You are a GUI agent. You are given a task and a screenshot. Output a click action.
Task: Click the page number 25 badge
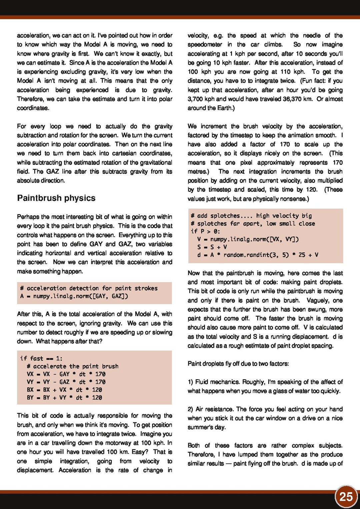point(346,497)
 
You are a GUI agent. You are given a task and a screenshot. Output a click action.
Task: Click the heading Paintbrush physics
point(56,198)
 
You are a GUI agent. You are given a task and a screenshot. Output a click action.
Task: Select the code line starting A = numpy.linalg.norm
point(74,296)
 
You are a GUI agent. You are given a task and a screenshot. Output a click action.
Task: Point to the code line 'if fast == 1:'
point(41,358)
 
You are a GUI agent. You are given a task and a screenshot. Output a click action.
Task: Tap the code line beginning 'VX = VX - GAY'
point(66,374)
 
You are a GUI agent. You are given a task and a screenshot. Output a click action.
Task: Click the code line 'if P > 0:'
point(205,231)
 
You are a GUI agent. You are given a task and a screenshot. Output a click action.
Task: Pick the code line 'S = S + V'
point(212,247)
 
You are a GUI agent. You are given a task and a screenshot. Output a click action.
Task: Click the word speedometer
point(205,44)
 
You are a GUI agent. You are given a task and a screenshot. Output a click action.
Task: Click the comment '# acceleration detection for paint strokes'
point(89,288)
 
